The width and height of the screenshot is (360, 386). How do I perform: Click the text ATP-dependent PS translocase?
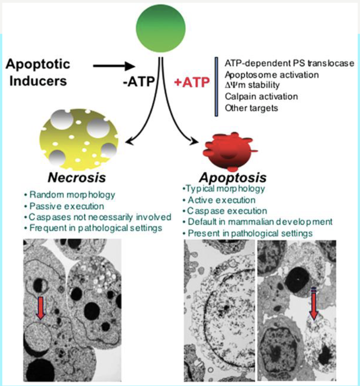point(290,63)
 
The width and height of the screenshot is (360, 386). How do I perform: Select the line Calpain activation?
point(261,97)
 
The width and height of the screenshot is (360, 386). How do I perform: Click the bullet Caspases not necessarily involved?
point(99,216)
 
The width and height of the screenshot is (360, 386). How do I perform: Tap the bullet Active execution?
point(221,200)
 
